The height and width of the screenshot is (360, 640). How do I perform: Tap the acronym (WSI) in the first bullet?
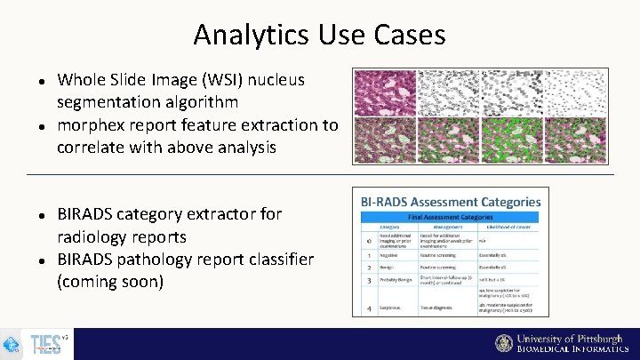pos(228,80)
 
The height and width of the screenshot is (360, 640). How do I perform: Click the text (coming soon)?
pos(110,282)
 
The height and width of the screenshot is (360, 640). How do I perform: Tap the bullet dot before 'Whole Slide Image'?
pos(42,81)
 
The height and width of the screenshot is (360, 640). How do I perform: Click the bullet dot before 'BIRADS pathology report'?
pos(42,260)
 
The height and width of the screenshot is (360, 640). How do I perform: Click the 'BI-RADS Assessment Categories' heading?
pos(450,202)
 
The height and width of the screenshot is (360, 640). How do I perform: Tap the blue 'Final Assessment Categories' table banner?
pos(450,216)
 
